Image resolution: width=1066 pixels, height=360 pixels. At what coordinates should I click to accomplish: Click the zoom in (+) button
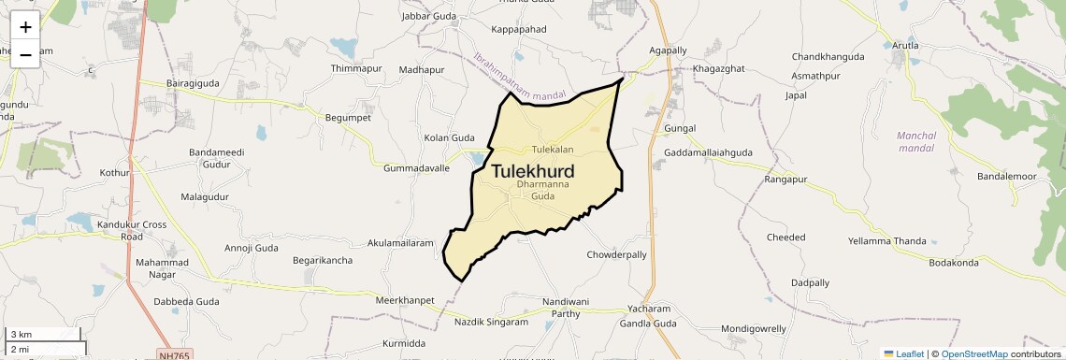click(25, 27)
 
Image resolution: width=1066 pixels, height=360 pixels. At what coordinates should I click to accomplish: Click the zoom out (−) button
click(25, 54)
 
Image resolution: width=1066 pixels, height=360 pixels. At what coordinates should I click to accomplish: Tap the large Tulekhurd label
click(532, 171)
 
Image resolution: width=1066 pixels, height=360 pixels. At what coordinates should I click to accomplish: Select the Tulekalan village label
click(552, 150)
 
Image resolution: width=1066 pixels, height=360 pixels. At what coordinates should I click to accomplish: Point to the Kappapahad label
click(517, 30)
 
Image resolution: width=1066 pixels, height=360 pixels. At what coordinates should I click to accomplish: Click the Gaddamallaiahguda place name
click(708, 152)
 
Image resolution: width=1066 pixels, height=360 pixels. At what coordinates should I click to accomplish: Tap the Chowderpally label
click(617, 254)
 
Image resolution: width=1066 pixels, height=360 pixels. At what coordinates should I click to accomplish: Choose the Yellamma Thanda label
click(887, 241)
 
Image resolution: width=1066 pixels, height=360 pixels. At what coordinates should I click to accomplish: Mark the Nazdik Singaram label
click(491, 322)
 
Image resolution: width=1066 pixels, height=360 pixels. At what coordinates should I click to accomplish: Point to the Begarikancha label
click(323, 260)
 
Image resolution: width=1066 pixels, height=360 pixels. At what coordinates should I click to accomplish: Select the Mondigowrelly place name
click(754, 329)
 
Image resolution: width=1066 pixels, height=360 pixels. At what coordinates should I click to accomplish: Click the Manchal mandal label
click(916, 141)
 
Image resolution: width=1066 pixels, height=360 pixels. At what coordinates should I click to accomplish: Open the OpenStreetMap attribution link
click(974, 353)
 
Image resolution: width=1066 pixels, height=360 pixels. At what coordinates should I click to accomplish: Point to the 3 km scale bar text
click(22, 335)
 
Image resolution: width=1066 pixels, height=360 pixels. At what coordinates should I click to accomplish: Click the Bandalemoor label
click(1007, 177)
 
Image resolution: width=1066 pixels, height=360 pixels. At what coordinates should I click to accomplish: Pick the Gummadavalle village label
click(416, 168)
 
